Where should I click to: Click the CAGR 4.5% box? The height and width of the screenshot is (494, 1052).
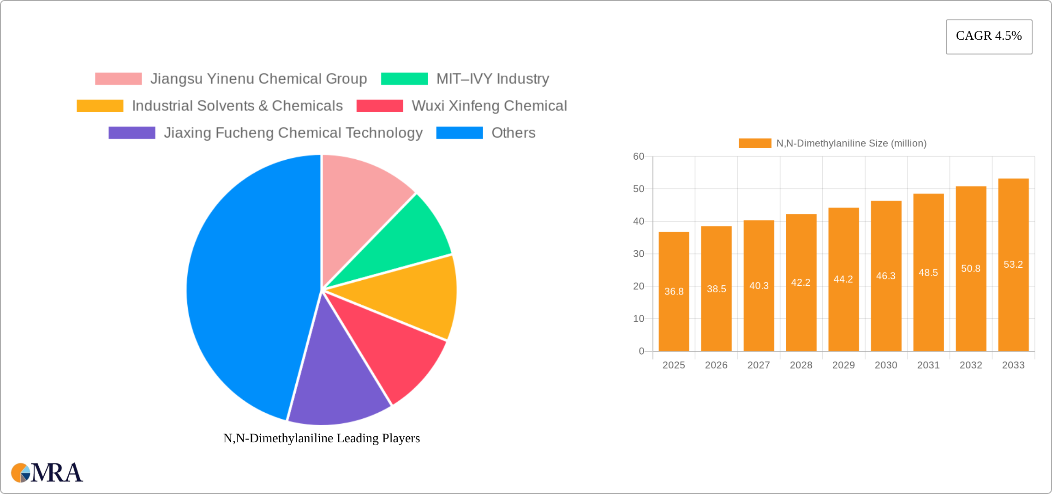989,36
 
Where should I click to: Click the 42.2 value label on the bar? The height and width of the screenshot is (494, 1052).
801,283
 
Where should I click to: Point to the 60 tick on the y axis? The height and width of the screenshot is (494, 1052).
639,157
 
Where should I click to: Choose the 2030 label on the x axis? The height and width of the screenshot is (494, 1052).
886,365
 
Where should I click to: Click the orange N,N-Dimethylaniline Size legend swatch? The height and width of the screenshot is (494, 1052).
755,143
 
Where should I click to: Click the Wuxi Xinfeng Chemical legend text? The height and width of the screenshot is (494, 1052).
489,106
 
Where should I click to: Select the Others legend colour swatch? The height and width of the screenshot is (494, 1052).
460,133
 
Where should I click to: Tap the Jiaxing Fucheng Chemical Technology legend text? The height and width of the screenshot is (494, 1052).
293,133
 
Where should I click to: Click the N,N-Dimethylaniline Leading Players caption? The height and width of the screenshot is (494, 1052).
322,438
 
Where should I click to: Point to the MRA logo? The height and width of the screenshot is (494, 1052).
47,473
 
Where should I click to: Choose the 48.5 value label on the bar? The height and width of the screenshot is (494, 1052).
928,273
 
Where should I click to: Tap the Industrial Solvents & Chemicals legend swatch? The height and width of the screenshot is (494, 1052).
100,106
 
